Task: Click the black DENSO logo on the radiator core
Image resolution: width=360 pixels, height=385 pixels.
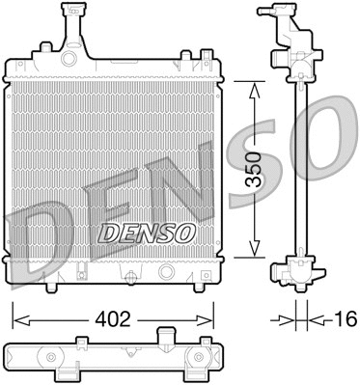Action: (x=148, y=233)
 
